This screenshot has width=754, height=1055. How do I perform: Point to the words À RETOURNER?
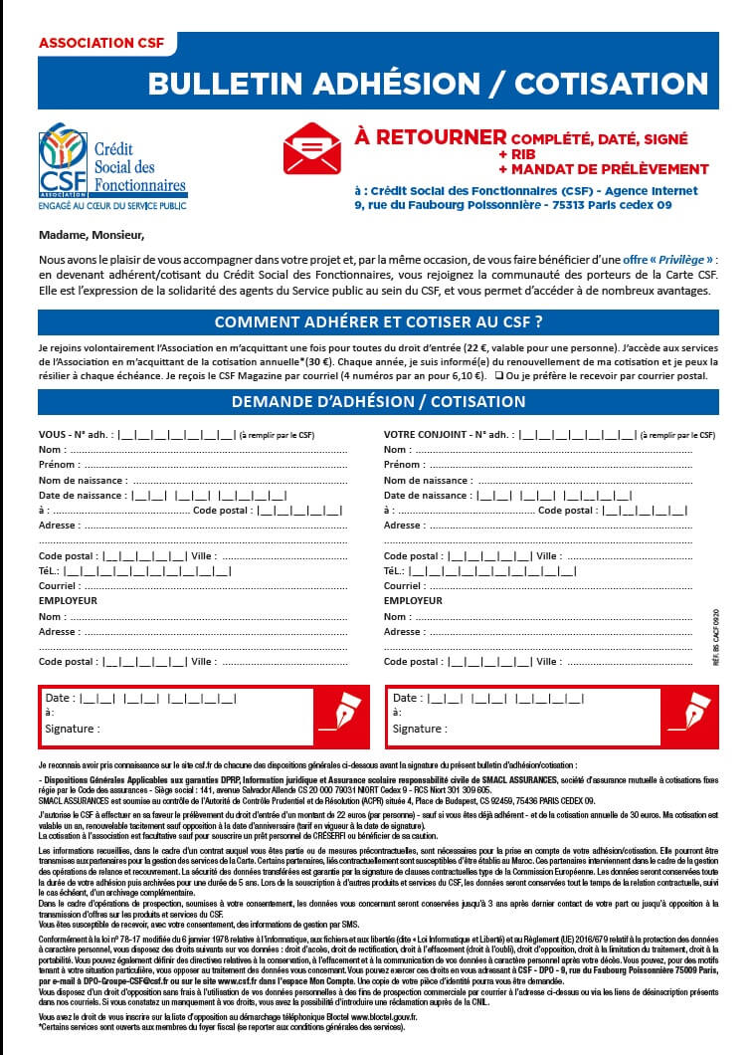click(430, 136)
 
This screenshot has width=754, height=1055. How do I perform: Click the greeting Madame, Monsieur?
click(92, 236)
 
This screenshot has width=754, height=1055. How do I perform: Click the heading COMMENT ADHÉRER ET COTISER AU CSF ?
click(378, 321)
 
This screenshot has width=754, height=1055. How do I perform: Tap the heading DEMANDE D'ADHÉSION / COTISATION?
click(378, 402)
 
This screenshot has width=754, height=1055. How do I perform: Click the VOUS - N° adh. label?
click(76, 435)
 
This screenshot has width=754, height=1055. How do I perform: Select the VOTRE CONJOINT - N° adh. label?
click(450, 435)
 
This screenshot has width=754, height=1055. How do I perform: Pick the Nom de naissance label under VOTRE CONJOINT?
click(428, 480)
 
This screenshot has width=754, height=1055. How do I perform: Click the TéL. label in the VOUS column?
click(50, 571)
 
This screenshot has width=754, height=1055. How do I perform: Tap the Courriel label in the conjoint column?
click(406, 586)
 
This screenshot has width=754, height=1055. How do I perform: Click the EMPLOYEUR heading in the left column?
click(68, 601)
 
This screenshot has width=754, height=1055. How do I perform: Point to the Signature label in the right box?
click(420, 729)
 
